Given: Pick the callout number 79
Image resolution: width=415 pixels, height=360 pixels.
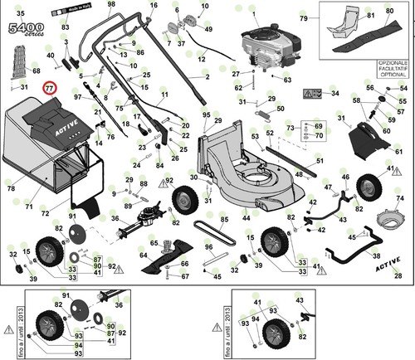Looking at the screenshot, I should [304, 17].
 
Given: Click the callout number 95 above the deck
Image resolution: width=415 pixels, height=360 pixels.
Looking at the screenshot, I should [206, 114].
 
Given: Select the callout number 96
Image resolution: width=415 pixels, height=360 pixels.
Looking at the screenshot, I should [209, 247].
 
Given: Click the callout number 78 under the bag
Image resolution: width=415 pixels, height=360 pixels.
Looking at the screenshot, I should [12, 189].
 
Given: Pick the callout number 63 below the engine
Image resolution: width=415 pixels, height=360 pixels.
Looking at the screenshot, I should [287, 80].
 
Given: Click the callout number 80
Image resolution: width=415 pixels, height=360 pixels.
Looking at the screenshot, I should [389, 11].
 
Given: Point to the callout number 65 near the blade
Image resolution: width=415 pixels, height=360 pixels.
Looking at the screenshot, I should [153, 243].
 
